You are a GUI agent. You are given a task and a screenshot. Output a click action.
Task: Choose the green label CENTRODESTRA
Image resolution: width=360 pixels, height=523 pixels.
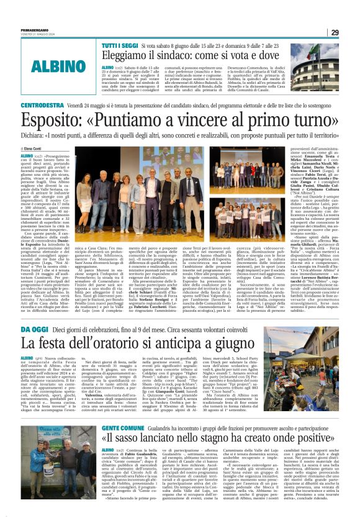(x=47, y=106)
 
